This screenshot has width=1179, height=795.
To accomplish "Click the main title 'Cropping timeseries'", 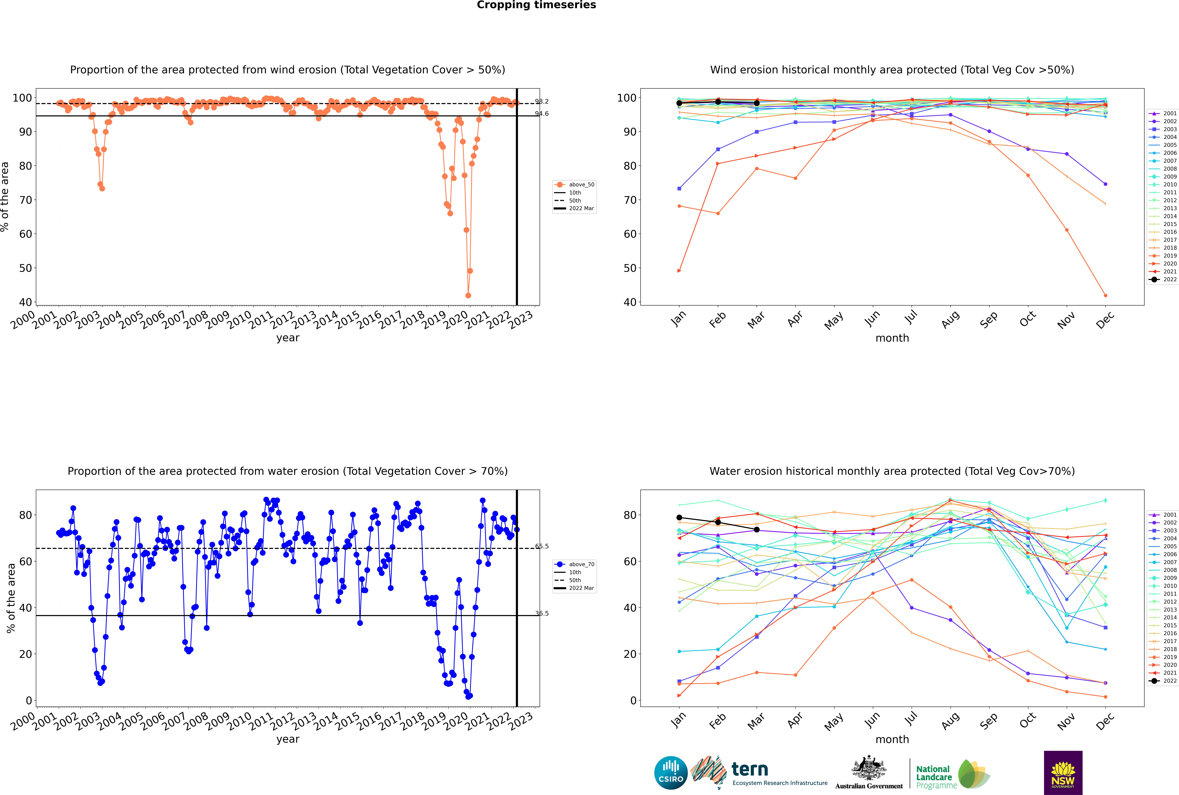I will point(536,5).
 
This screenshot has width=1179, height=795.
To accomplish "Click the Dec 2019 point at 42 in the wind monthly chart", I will point(1106,296).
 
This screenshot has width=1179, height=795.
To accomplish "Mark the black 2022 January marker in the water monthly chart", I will point(679,518).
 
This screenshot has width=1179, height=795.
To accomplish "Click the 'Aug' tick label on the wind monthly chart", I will point(950,319).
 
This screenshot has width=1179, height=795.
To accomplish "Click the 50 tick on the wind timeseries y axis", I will point(25,268).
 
